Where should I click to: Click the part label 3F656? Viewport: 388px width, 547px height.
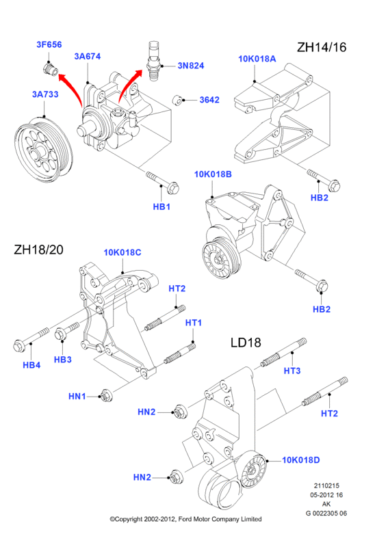click(49, 44)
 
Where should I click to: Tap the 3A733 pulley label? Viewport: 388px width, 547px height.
click(45, 94)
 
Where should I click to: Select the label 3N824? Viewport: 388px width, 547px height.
click(191, 66)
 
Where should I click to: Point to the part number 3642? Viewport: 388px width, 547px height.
click(209, 100)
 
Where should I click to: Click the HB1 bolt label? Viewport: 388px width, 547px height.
click(161, 206)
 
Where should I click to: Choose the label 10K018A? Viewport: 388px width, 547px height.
click(257, 59)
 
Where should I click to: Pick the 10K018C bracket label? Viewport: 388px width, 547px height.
click(122, 252)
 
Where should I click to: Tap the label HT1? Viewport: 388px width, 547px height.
click(194, 323)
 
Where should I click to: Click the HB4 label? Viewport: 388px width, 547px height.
click(31, 365)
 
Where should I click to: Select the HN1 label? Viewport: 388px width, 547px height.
click(77, 397)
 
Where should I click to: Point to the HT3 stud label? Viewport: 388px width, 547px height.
click(292, 371)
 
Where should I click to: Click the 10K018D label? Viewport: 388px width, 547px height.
click(300, 459)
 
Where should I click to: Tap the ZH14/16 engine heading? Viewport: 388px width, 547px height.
click(322, 46)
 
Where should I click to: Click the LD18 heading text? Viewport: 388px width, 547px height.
click(246, 343)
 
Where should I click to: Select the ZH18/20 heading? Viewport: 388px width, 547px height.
click(38, 250)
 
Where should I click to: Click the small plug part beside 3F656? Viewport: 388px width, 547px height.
click(51, 69)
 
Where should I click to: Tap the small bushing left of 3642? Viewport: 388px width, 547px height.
click(178, 100)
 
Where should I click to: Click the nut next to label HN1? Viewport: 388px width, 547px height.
click(105, 396)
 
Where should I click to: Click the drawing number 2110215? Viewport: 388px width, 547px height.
click(326, 485)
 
